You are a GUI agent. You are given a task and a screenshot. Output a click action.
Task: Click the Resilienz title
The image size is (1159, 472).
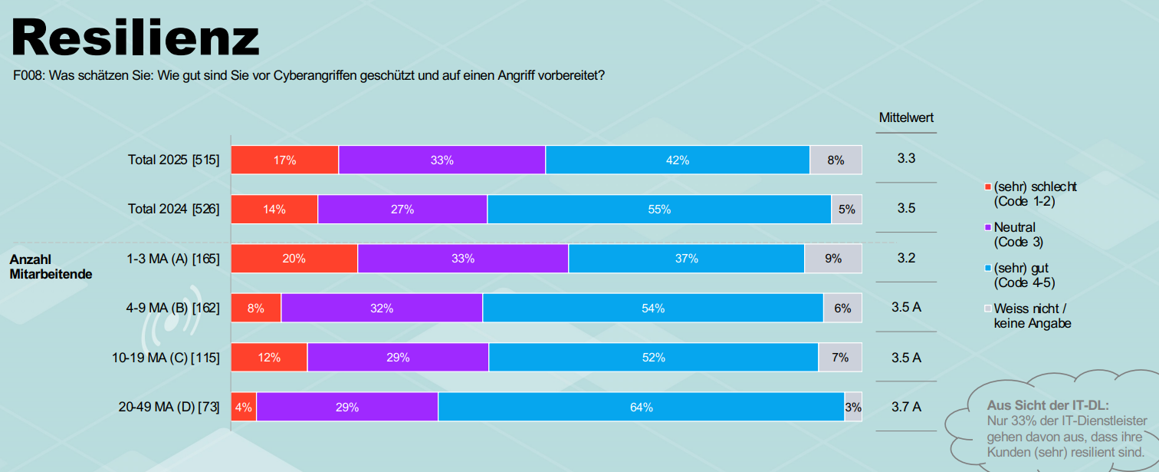136,37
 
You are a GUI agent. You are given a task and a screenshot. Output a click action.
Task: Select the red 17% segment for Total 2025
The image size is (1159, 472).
284,160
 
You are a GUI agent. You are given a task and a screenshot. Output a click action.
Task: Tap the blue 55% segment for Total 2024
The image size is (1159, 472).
658,210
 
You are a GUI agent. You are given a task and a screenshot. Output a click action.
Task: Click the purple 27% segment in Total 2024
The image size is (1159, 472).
402,210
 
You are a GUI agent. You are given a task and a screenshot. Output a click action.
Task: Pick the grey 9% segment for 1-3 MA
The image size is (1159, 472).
832,259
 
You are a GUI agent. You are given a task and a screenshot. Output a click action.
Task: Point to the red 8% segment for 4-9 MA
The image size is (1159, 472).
256,308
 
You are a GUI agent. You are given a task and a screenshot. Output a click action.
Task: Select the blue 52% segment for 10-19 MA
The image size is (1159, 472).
653,358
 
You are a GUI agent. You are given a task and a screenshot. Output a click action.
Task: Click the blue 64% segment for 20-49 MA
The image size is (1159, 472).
641,407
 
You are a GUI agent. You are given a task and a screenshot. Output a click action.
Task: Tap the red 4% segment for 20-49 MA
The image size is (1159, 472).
244,407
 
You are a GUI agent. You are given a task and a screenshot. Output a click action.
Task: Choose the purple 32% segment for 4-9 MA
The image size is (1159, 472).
382,308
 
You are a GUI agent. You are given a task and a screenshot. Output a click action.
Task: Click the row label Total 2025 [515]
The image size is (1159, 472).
174,160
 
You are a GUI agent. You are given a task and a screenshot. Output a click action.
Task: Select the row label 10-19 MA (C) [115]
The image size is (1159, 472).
166,358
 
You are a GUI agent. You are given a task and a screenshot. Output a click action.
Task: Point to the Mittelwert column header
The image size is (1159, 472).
906,118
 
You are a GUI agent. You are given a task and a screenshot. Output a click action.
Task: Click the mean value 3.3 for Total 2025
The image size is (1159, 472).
906,159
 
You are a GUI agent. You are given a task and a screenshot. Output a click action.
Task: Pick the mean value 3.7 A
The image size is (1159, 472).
906,407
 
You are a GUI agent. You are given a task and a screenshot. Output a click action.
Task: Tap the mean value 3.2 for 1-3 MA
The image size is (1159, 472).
906,258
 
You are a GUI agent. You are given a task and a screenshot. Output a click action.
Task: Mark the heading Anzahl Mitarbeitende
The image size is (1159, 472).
51,266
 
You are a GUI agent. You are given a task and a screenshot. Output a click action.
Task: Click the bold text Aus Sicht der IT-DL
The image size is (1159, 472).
1048,404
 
